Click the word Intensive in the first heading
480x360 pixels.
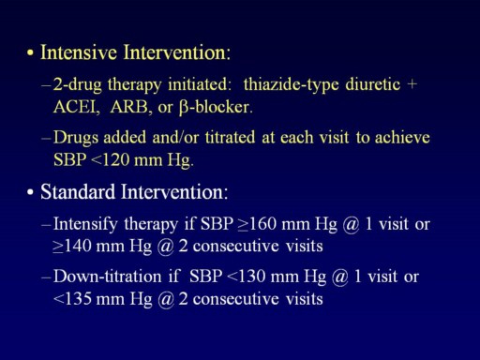tap(79, 52)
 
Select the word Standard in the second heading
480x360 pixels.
tap(78, 191)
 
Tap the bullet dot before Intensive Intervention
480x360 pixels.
tap(30, 52)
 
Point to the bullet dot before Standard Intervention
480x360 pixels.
tap(30, 192)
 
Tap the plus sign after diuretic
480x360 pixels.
tap(412, 84)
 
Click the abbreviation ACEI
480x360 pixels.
tap(77, 107)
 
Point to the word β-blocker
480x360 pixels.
tap(216, 108)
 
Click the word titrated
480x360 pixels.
tap(230, 138)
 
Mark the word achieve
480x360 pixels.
tap(402, 138)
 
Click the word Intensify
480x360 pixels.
tap(85, 224)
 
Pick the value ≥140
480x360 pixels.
tap(72, 246)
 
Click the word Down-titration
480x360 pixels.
tap(107, 277)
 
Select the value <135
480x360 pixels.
tap(72, 299)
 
